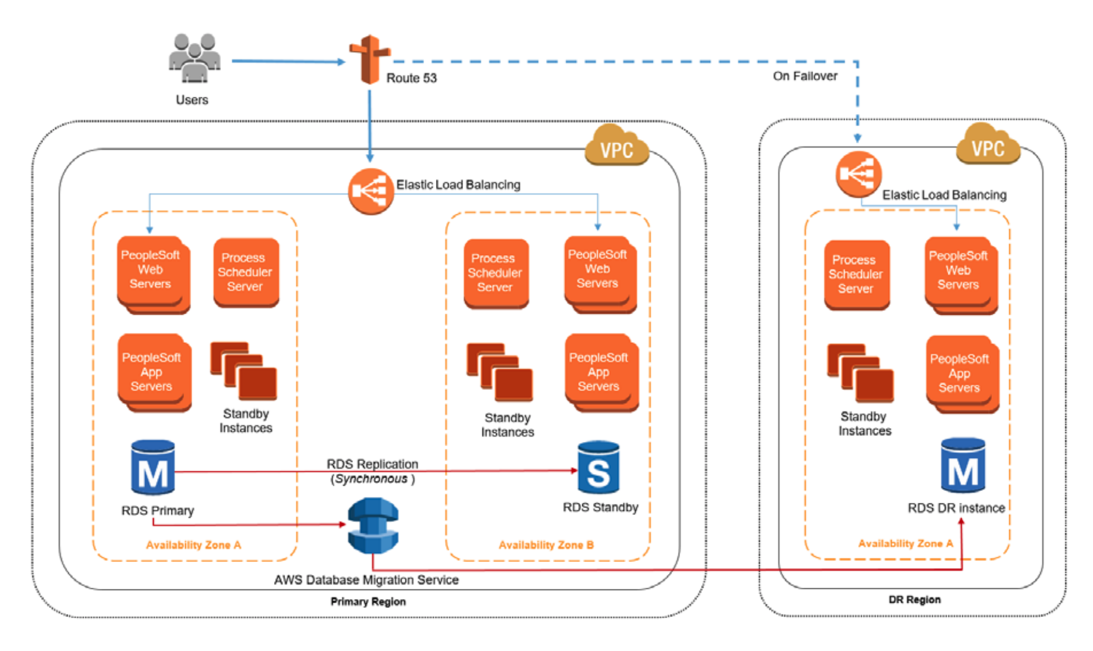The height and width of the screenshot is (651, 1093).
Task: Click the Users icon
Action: click(194, 58)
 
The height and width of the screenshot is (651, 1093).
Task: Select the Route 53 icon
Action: click(370, 60)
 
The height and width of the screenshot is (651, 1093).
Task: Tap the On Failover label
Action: click(805, 76)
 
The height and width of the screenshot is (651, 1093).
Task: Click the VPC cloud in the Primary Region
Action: click(616, 146)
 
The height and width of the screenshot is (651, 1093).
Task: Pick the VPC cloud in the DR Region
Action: click(988, 145)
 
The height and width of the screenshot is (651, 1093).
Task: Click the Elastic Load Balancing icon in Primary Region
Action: click(370, 192)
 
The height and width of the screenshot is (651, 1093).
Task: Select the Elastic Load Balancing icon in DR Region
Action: click(858, 174)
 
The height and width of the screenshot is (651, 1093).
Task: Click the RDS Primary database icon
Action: click(153, 468)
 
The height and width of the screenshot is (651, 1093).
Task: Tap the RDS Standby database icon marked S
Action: click(598, 468)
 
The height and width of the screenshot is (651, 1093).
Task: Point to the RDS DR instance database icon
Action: click(963, 465)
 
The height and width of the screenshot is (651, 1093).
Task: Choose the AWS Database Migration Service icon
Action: click(373, 526)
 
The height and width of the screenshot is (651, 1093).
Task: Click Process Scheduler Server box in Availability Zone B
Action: click(496, 274)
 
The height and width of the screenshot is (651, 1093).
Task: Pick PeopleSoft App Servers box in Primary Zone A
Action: click(153, 372)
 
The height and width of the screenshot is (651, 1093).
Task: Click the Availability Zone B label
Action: click(546, 545)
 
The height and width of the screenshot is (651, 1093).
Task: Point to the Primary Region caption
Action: click(368, 601)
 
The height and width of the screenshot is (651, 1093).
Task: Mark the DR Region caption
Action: click(914, 600)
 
